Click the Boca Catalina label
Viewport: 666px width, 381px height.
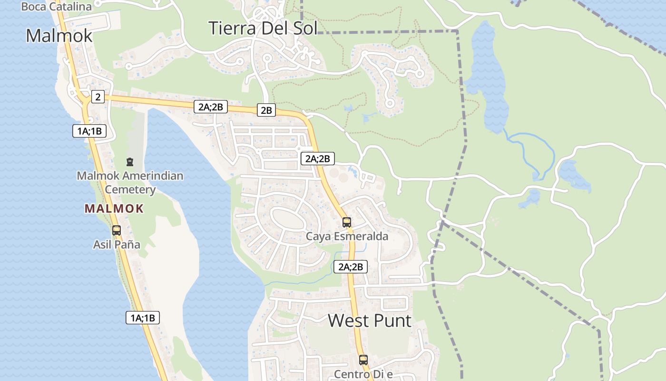click(56, 7)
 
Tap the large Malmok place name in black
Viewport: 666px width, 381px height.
click(59, 36)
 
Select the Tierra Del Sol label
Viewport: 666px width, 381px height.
click(263, 28)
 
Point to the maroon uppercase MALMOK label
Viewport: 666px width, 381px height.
click(114, 208)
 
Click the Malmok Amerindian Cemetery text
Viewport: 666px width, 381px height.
click(130, 182)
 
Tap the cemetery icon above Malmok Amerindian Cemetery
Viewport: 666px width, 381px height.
click(130, 162)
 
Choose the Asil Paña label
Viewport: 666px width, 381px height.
click(117, 245)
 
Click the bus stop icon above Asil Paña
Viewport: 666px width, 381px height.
click(117, 231)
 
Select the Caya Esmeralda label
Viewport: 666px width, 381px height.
click(347, 236)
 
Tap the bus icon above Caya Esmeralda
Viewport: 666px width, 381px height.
click(347, 222)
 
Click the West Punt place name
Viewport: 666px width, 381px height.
click(370, 321)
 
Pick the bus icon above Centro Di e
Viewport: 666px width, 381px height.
click(363, 360)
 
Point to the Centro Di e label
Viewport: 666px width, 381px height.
click(363, 374)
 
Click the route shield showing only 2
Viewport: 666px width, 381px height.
click(98, 97)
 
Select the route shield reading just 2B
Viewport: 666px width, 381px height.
click(266, 110)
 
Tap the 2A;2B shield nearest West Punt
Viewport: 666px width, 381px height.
click(351, 267)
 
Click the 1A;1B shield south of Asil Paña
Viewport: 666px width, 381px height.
click(143, 318)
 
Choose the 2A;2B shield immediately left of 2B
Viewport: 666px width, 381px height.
click(211, 107)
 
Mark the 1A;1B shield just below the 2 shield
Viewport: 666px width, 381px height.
click(89, 131)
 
